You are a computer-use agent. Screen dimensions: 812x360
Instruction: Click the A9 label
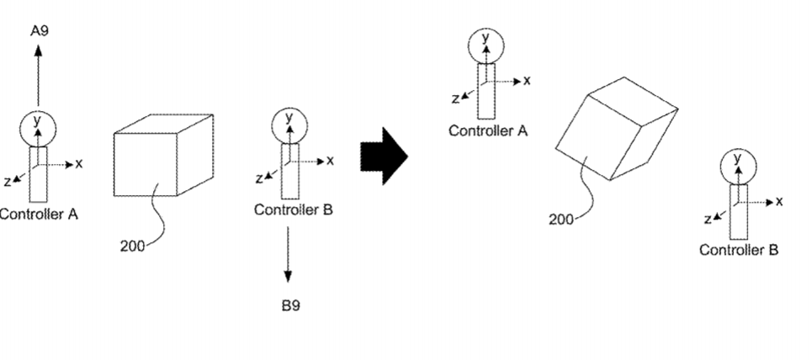(40, 31)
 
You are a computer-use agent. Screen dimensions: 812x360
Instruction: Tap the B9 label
(290, 305)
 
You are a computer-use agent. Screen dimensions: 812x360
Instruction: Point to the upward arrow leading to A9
(38, 76)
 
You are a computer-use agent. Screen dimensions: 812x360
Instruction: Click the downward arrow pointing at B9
(288, 255)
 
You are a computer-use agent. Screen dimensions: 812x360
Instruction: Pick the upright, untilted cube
(163, 155)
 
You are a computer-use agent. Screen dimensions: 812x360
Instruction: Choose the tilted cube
(616, 129)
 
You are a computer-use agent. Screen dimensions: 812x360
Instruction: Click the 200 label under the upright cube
(133, 246)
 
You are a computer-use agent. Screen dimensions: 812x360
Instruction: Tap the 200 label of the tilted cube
(561, 220)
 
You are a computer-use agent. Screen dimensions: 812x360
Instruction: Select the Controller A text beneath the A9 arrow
(39, 214)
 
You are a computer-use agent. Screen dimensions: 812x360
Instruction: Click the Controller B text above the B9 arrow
(294, 209)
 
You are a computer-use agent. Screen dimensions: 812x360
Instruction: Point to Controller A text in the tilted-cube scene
(488, 131)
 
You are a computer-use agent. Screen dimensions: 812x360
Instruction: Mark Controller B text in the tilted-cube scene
(739, 250)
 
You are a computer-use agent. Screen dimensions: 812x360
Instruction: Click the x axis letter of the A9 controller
(79, 164)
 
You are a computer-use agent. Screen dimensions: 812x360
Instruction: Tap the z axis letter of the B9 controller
(259, 179)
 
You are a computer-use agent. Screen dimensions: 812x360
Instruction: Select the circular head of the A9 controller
(38, 129)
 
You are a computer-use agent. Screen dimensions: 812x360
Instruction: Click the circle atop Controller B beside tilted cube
(739, 167)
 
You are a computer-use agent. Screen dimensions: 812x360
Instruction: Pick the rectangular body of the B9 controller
(290, 171)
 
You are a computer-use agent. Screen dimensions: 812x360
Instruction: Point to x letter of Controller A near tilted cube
(528, 81)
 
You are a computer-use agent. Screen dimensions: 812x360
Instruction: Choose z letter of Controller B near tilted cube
(708, 220)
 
